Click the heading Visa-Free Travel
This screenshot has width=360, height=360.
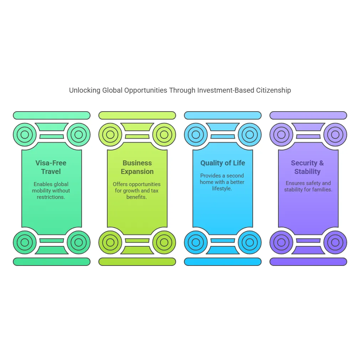point(51,167)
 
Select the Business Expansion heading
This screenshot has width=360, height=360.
point(137,167)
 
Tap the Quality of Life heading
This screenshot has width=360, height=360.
point(223,163)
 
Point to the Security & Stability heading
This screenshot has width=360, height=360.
point(308,167)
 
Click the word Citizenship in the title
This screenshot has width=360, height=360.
point(273,90)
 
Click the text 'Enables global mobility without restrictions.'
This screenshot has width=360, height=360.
point(51,191)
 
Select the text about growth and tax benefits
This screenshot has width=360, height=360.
point(137,191)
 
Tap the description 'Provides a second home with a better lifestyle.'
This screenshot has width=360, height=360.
point(222,182)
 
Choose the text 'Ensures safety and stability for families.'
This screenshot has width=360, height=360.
point(308,186)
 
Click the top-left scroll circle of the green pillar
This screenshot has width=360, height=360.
point(25,135)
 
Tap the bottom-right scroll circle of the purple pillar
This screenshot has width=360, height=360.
point(335,242)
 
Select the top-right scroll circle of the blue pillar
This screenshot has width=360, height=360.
point(250,135)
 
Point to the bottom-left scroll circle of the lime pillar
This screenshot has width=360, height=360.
point(110,242)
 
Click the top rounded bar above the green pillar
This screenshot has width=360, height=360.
point(52,115)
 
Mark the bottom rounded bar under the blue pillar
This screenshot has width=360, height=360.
point(223,262)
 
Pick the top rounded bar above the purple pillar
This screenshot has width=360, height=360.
point(308,115)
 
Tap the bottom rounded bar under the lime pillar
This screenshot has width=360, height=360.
point(137,262)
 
